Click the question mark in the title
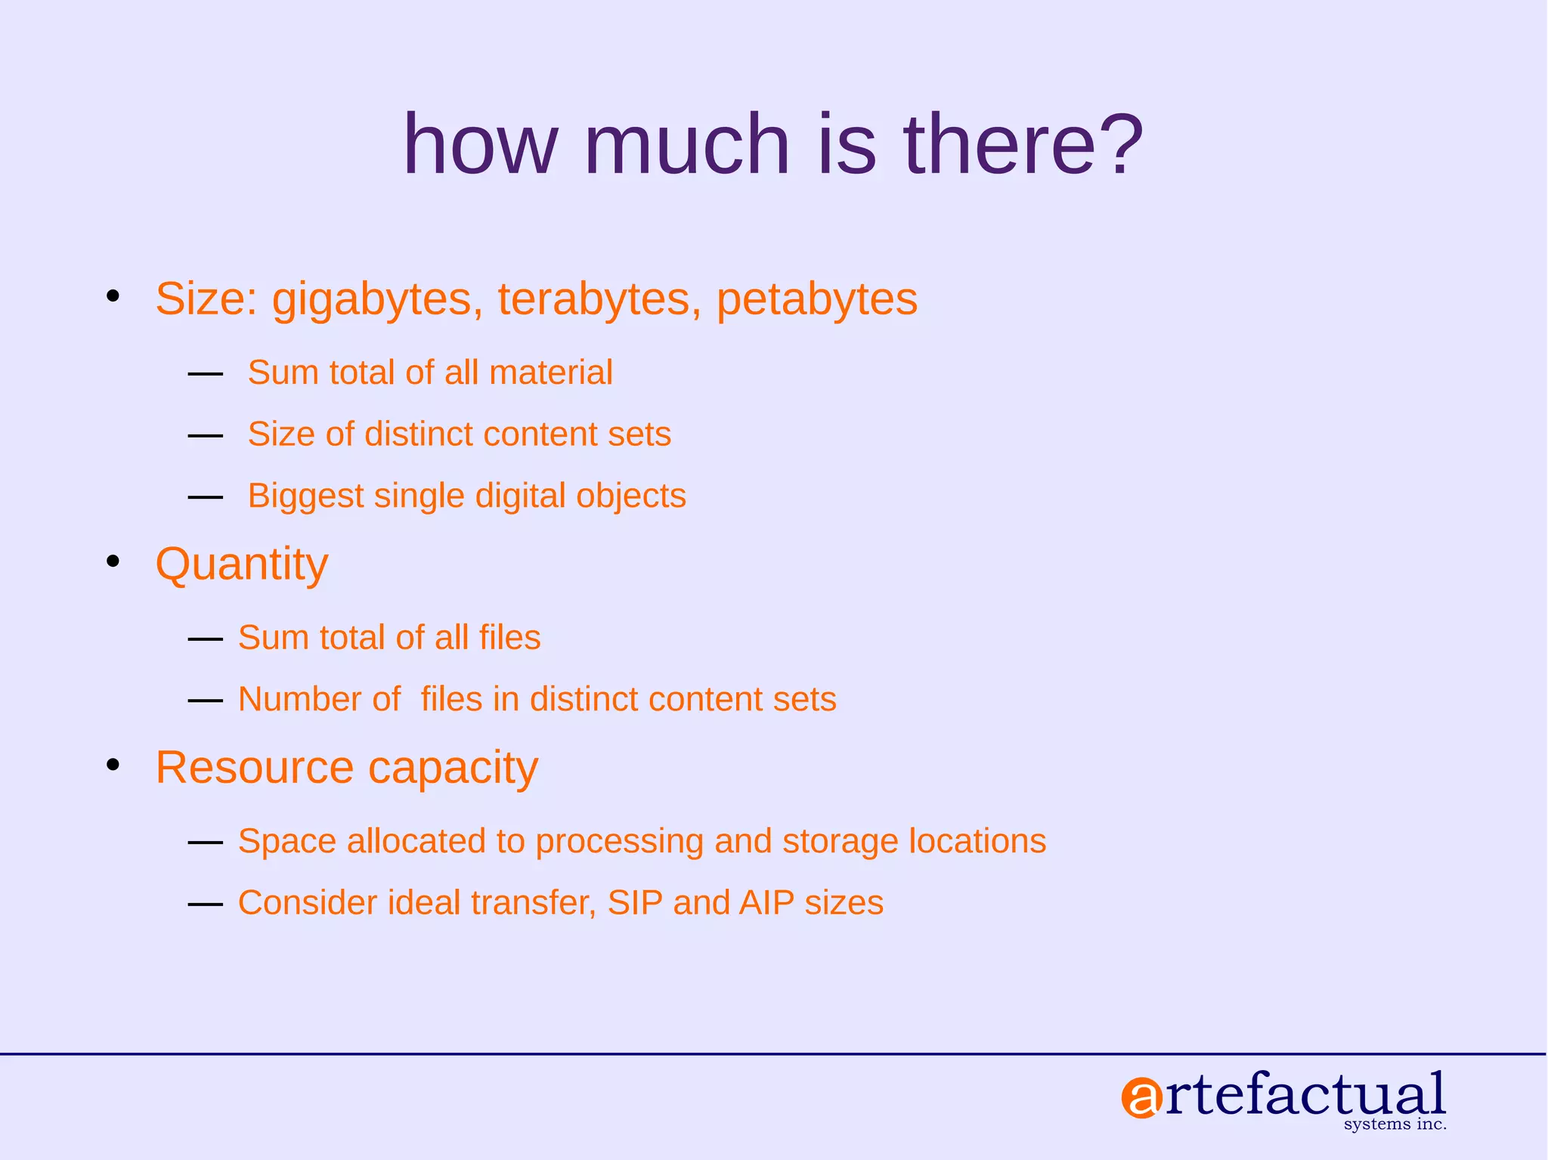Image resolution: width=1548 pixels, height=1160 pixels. pyautogui.click(x=1114, y=144)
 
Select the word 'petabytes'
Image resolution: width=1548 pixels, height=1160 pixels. pyautogui.click(x=816, y=300)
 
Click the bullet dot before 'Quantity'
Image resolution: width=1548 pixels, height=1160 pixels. pyautogui.click(x=113, y=561)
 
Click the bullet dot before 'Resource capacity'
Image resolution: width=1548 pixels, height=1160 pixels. pyautogui.click(x=113, y=766)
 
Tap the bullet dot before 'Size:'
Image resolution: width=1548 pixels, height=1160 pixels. pyautogui.click(x=113, y=296)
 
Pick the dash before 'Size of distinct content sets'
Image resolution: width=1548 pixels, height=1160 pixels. pyautogui.click(x=205, y=436)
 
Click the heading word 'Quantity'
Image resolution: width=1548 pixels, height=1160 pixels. pyautogui.click(x=242, y=565)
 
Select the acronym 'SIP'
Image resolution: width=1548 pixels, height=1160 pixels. pyautogui.click(x=635, y=903)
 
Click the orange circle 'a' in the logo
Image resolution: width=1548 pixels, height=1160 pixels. pyautogui.click(x=1141, y=1099)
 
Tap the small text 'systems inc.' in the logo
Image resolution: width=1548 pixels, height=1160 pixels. pyautogui.click(x=1395, y=1124)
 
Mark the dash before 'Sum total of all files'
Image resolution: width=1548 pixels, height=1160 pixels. pyautogui.click(x=205, y=639)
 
